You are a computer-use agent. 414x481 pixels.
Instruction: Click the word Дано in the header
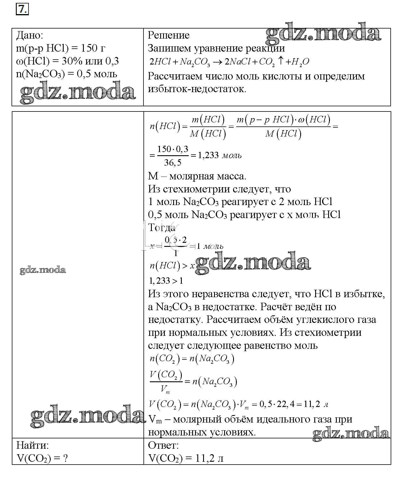(x=29, y=35)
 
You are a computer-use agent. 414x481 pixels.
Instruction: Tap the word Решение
(x=169, y=35)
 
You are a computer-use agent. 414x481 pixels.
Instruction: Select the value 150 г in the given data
(x=93, y=48)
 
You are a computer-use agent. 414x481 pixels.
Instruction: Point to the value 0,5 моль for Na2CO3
(x=97, y=74)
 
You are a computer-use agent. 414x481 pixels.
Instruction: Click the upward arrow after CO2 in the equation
(x=281, y=61)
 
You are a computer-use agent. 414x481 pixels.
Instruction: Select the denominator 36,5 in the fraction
(x=173, y=163)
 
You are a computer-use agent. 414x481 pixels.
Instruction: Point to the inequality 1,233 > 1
(x=166, y=281)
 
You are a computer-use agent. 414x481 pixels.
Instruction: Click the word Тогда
(x=162, y=228)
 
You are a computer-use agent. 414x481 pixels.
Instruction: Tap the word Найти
(x=32, y=445)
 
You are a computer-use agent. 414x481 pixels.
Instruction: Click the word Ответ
(x=163, y=445)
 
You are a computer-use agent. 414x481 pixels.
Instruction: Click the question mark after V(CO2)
(x=65, y=458)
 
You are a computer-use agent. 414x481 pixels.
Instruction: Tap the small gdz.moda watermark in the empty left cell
(x=43, y=270)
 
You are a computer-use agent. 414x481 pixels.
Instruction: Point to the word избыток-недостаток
(x=197, y=89)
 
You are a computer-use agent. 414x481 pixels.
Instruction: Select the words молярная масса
(x=207, y=176)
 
